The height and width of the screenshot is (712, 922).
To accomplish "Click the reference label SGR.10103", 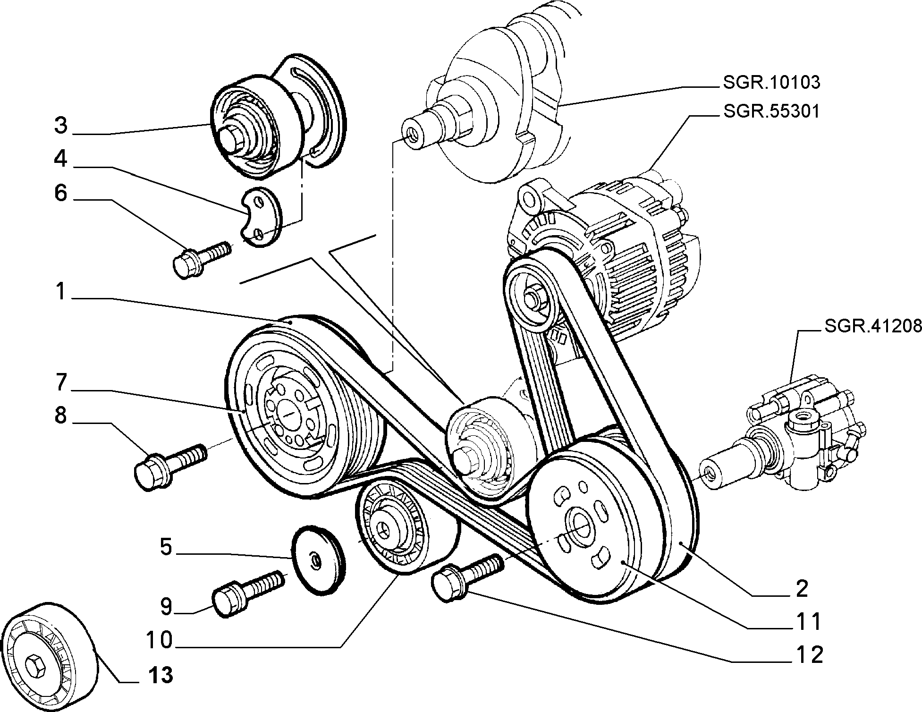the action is [771, 83].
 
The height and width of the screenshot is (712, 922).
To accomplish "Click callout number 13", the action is [160, 676].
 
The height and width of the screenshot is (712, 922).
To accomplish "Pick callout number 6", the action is [60, 193].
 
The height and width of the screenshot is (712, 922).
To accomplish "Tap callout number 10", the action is [159, 641].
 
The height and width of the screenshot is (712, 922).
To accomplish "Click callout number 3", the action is [60, 126].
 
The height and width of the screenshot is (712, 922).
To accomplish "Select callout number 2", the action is [801, 588].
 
